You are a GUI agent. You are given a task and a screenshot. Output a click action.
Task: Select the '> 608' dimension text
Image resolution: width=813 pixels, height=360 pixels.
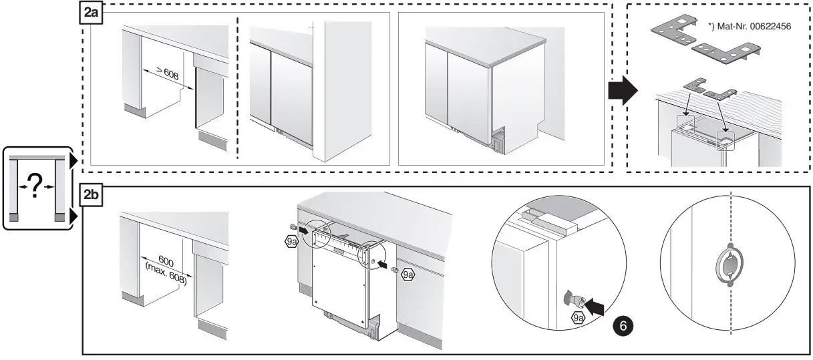click(167, 74)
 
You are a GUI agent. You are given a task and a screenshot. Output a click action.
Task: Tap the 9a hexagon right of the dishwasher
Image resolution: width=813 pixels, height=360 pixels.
click(408, 274)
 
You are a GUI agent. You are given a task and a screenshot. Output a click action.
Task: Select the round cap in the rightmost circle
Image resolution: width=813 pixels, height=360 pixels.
click(730, 267)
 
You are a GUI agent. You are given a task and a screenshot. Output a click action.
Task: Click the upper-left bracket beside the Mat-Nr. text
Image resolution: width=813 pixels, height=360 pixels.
click(670, 26)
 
